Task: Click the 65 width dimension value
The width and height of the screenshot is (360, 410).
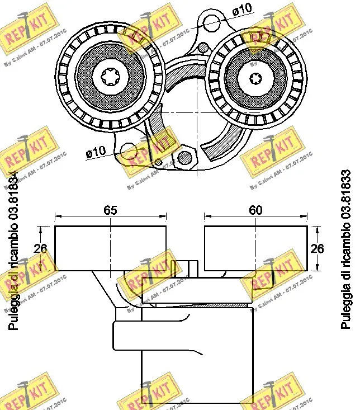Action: point(110,210)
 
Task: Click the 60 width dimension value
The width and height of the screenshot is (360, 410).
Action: point(255,210)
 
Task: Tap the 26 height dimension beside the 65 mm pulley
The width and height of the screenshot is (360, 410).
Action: point(40,249)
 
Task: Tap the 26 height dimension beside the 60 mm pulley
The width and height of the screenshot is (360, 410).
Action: point(317,249)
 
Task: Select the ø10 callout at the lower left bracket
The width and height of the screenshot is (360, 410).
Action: point(96,152)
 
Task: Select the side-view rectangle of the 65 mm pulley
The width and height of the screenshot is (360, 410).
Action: point(110,249)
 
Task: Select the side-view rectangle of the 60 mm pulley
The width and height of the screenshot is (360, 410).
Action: point(255,249)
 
